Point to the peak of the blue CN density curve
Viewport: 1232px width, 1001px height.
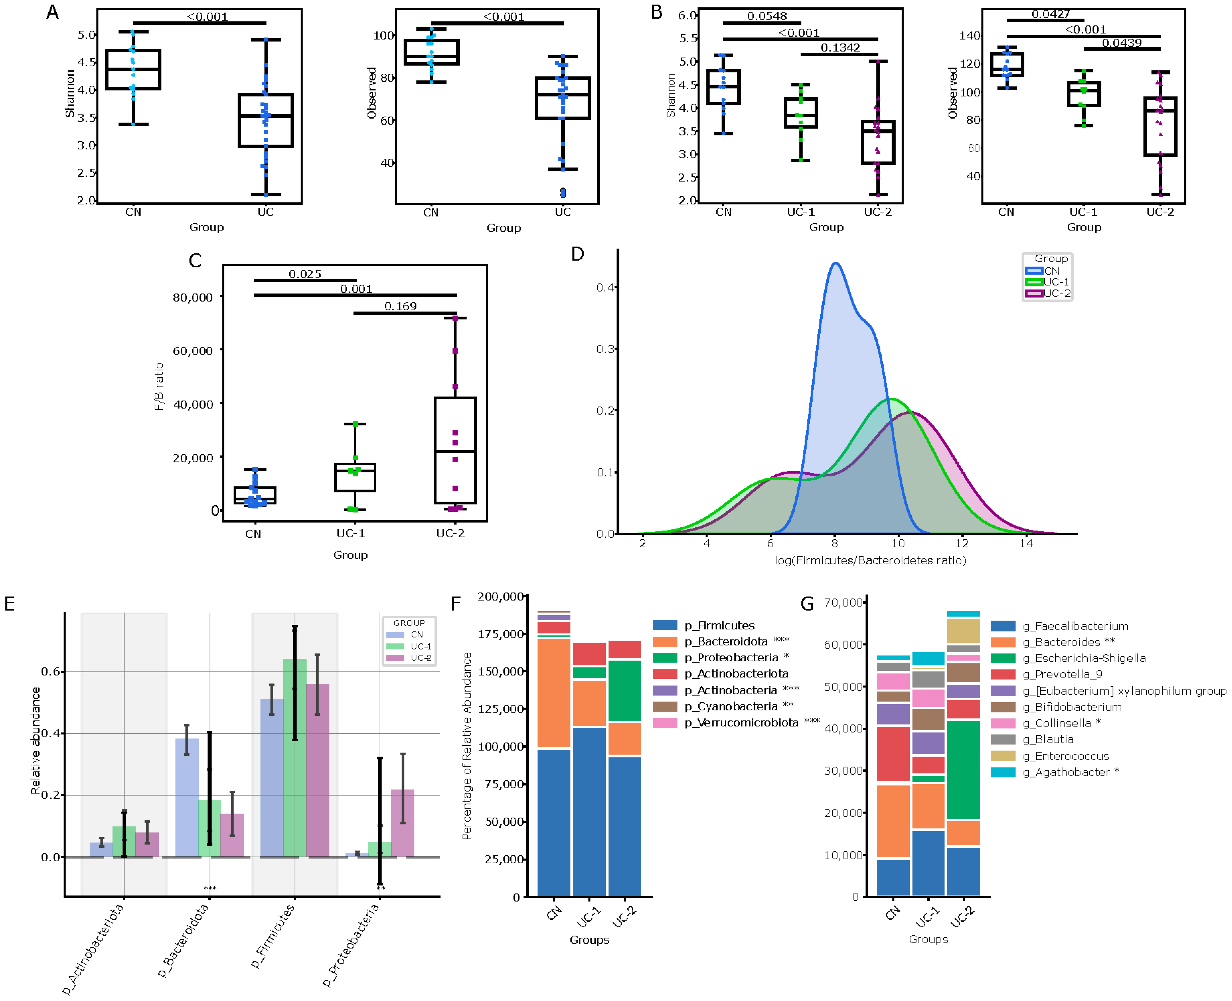click(x=835, y=263)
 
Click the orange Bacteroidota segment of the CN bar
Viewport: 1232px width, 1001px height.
click(x=553, y=693)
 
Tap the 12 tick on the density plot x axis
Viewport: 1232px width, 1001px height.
click(x=962, y=543)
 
